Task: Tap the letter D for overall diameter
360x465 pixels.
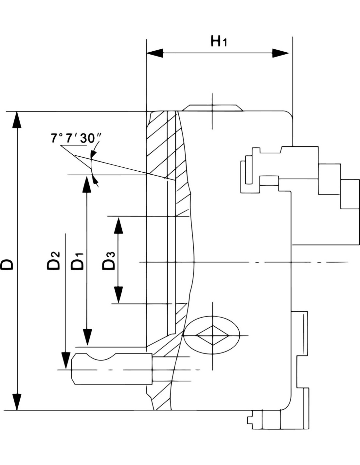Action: click(7, 265)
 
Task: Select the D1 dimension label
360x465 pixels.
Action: click(78, 262)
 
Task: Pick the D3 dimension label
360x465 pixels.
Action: click(109, 261)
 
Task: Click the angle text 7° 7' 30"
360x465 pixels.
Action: click(76, 138)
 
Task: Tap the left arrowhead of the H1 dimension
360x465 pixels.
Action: click(154, 53)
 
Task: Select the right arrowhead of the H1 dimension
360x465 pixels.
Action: click(280, 53)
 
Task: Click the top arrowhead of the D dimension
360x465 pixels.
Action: click(17, 120)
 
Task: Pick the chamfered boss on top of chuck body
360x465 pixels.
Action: click(212, 108)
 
